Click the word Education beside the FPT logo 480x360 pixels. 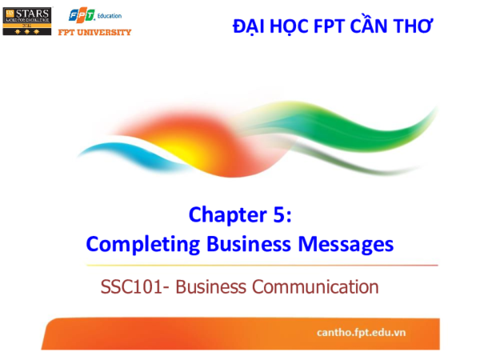[x=107, y=15]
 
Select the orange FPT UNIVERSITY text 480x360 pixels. [x=95, y=31]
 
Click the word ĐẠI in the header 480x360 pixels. [x=249, y=26]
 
